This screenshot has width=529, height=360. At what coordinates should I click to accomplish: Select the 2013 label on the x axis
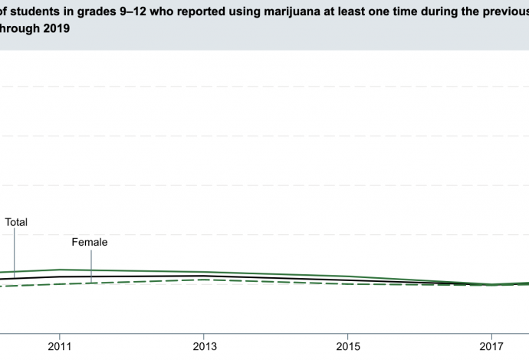click(203, 345)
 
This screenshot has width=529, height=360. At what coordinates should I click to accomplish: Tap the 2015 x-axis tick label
click(348, 345)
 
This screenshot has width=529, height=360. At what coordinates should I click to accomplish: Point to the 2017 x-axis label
click(492, 345)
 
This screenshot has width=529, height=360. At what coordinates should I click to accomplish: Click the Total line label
click(16, 222)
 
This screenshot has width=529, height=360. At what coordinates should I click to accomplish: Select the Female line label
click(89, 242)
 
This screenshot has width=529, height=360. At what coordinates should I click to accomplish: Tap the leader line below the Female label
click(91, 267)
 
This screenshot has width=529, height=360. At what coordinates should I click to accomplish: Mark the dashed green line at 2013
click(203, 280)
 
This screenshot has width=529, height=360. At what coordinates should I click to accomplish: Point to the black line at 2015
click(348, 280)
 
